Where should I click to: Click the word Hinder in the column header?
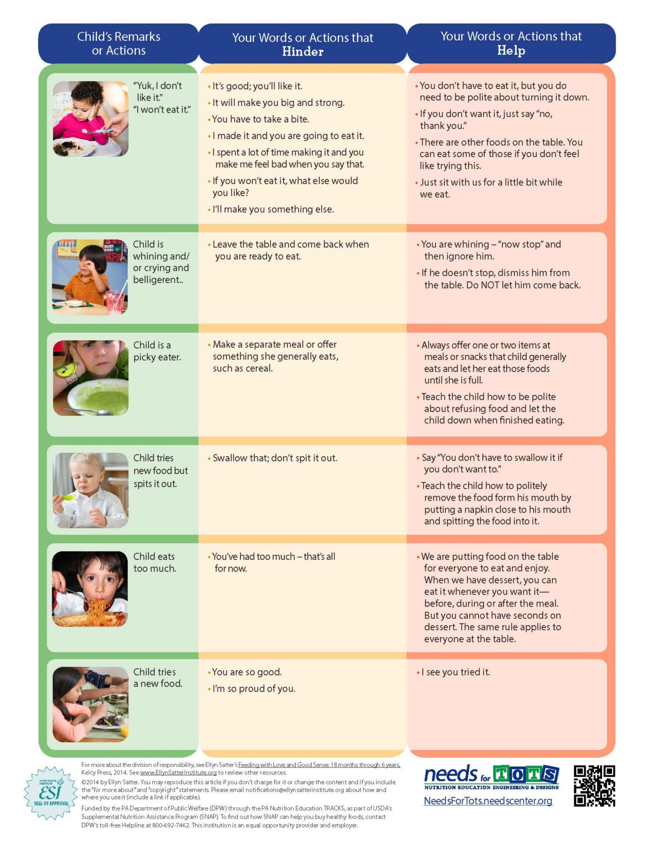tap(302, 52)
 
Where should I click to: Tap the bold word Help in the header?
tap(511, 51)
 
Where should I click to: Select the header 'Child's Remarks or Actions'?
tap(118, 44)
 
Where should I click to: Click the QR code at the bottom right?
tap(594, 786)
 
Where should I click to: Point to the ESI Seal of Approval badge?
tap(51, 792)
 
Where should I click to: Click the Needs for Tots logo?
tap(491, 777)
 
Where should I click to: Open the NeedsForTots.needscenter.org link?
tap(488, 801)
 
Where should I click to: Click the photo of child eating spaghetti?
tap(90, 588)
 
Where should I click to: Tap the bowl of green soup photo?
tap(91, 378)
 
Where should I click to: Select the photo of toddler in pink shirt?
tap(91, 119)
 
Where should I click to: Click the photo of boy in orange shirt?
tap(90, 277)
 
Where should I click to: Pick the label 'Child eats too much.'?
tap(154, 562)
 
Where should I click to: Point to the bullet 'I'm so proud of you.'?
tap(253, 689)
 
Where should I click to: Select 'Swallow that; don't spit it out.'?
tap(274, 458)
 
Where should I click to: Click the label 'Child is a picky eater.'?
tap(157, 351)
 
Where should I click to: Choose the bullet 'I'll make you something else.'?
tap(273, 210)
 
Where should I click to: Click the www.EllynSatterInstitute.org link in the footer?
tap(178, 773)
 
